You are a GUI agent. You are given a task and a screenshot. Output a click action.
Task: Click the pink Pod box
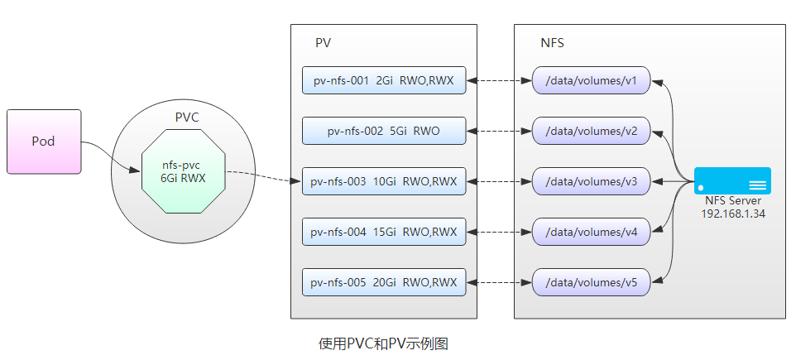point(44,142)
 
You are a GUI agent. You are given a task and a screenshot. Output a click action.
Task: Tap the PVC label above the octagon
point(187,118)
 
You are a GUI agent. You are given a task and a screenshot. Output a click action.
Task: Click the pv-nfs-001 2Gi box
point(384,80)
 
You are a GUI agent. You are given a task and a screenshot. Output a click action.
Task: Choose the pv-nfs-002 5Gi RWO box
point(384,131)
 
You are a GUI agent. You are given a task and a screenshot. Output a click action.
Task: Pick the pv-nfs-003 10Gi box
point(384,181)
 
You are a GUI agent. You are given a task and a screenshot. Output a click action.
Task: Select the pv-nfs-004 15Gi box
point(384,232)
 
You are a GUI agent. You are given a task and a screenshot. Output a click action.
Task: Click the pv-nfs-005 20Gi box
point(384,282)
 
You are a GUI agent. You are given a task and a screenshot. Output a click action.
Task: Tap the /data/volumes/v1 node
point(591,80)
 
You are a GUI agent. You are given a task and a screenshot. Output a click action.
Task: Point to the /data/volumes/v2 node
point(591,131)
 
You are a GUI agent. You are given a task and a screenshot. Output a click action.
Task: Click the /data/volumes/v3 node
point(591,181)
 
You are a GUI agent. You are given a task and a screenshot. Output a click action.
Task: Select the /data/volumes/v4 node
point(591,232)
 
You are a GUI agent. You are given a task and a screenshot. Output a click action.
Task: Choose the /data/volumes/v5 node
point(591,282)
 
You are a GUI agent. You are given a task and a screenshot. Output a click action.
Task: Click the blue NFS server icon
point(732,180)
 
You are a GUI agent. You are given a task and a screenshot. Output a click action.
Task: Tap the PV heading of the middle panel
point(324,42)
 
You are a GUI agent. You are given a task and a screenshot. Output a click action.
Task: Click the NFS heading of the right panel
point(552,42)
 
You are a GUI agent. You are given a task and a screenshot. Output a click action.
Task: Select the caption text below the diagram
point(383,343)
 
